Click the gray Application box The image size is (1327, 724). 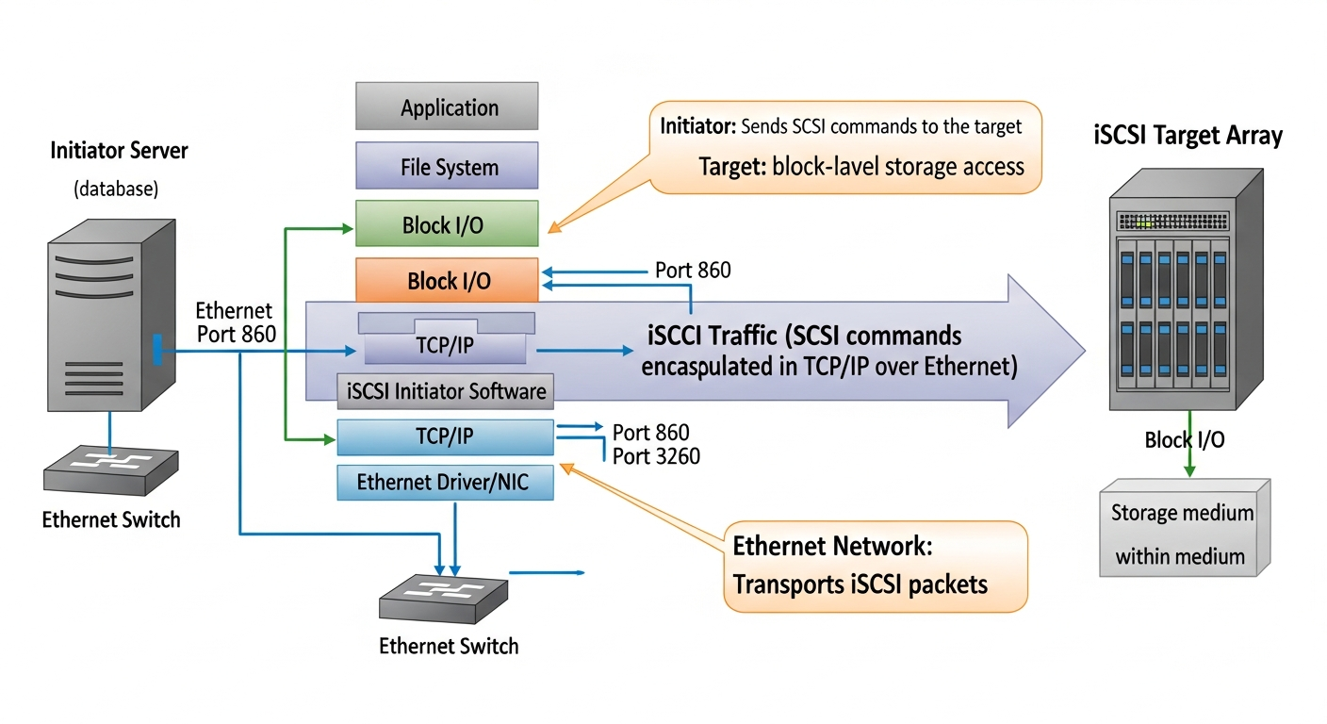tap(447, 107)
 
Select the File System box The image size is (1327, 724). tap(447, 167)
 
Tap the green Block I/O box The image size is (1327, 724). tap(447, 224)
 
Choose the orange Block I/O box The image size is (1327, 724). tap(447, 280)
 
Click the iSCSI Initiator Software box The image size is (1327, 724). tap(446, 390)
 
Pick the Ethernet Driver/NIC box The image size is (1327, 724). tap(445, 483)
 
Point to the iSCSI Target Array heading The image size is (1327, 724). tap(1188, 135)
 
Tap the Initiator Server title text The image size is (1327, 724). tap(119, 151)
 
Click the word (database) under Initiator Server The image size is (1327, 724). tap(116, 189)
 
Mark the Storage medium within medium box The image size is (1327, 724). tap(1183, 534)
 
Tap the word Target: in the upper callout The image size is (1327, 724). tap(731, 167)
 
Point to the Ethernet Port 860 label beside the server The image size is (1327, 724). tap(235, 322)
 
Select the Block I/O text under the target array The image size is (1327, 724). tap(1185, 439)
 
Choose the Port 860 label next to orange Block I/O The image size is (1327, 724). tap(693, 271)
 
